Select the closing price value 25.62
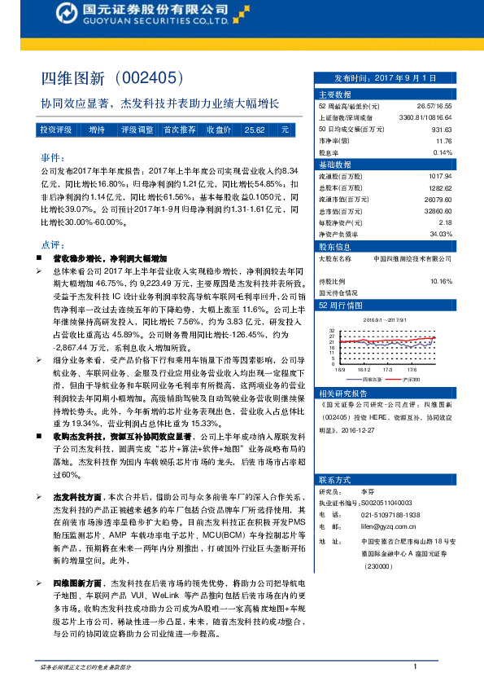tap(255, 130)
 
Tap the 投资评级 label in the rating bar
tap(56, 130)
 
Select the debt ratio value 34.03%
tap(440, 233)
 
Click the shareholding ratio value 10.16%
tap(440, 281)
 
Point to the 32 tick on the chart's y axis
tap(331, 332)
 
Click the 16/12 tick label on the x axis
tap(364, 369)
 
